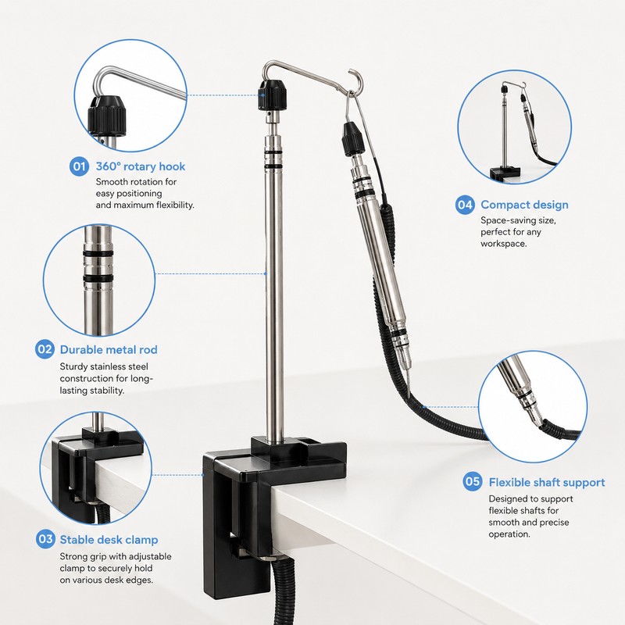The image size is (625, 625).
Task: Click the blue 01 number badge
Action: [x=79, y=166]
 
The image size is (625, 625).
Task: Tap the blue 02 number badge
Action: [x=45, y=349]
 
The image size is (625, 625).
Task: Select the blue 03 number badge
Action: [x=45, y=539]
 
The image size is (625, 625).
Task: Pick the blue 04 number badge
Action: [x=465, y=205]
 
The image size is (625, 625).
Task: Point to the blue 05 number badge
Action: [x=473, y=481]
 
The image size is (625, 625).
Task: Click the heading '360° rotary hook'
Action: [x=141, y=166]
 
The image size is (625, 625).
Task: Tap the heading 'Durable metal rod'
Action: [x=109, y=349]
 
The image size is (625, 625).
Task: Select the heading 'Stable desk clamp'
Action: [x=109, y=540]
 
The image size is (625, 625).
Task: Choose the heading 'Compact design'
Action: [x=524, y=205]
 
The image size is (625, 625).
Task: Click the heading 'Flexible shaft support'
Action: [x=547, y=482]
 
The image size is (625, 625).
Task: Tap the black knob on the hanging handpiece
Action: [x=353, y=139]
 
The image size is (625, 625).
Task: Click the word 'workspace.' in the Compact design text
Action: [x=503, y=244]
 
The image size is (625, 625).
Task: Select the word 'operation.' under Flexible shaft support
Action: [x=509, y=534]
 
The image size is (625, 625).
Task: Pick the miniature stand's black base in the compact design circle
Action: [x=505, y=173]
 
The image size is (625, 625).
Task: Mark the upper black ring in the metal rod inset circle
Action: [x=98, y=254]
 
